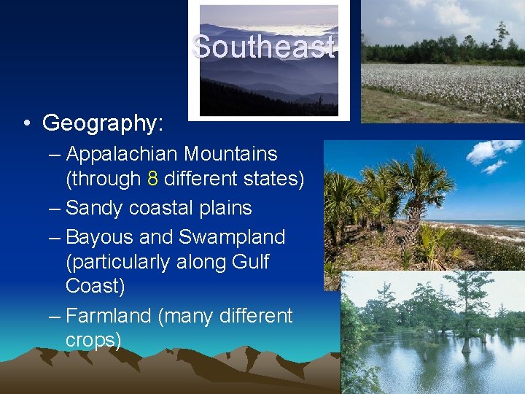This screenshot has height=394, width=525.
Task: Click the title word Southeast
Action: point(263,47)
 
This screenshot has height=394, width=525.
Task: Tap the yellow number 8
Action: point(152,179)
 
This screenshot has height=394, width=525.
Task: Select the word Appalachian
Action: point(121,155)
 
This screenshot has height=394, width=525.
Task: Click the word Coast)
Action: point(95,285)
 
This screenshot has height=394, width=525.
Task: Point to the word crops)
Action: point(93,340)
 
